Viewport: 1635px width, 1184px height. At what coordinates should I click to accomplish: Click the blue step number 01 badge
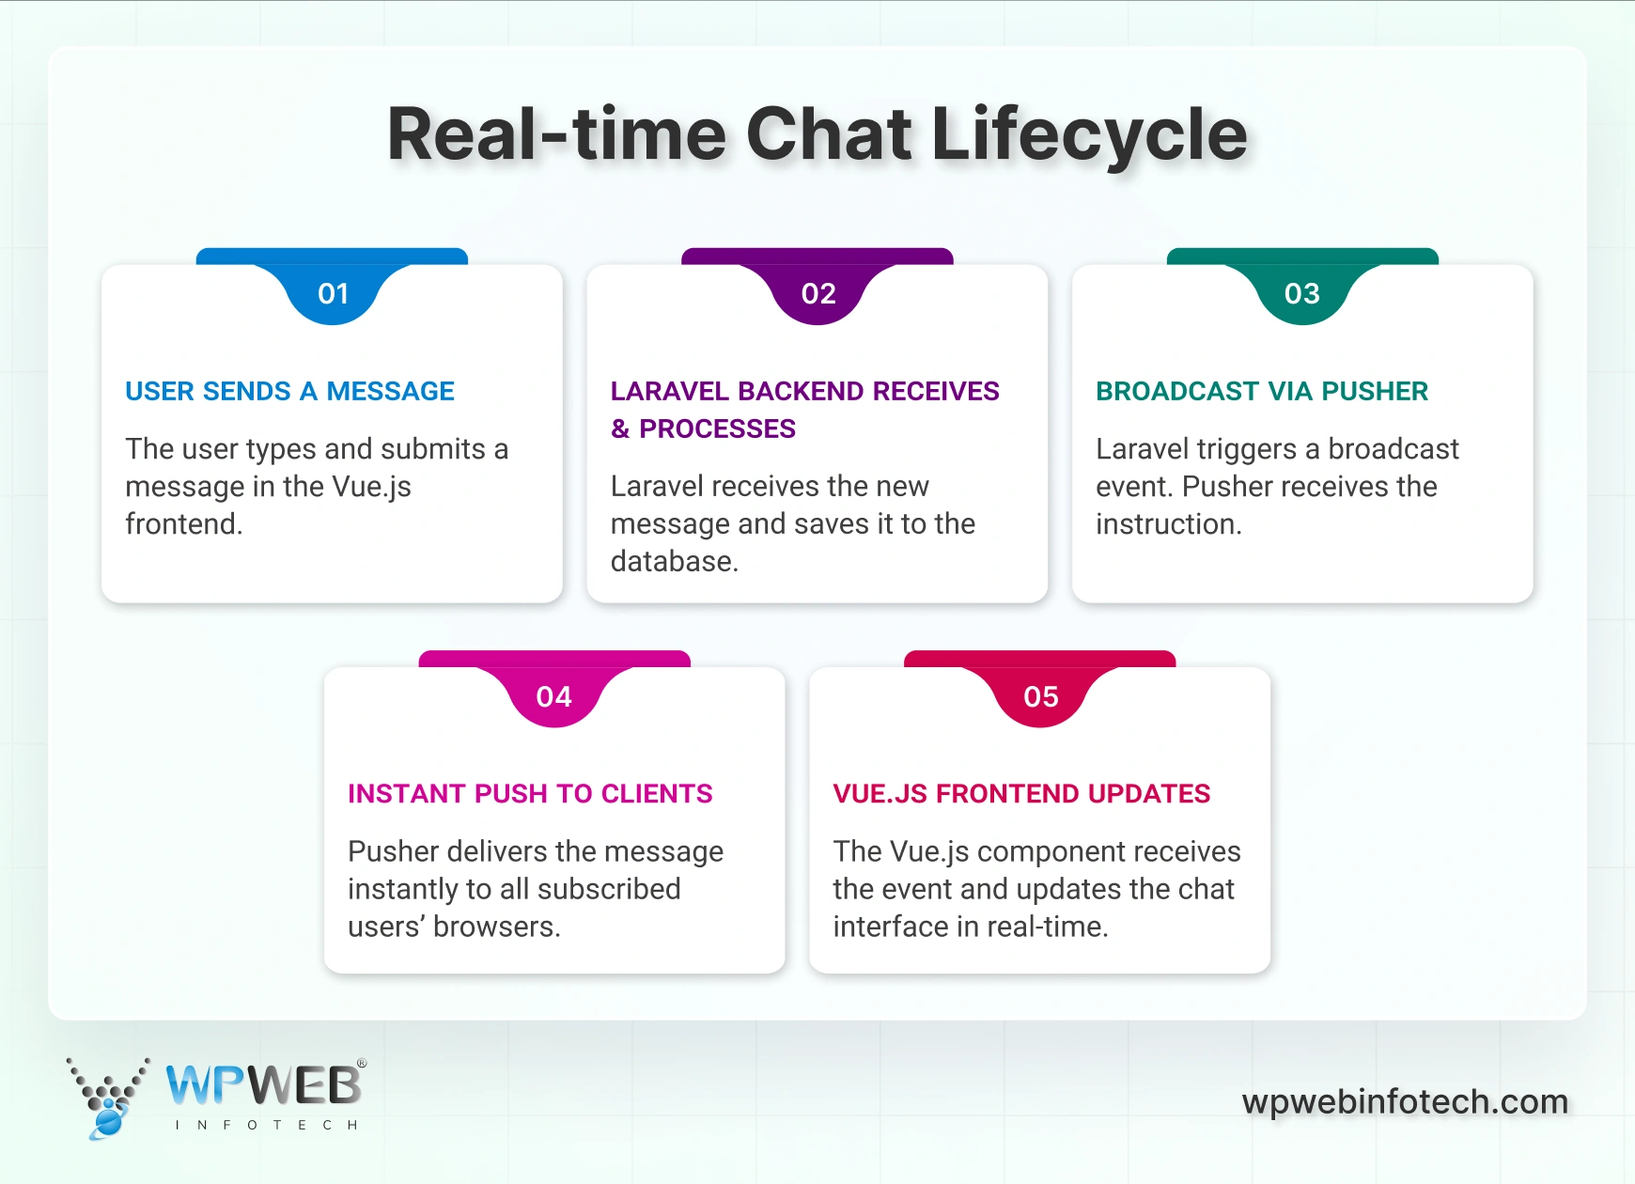tap(333, 294)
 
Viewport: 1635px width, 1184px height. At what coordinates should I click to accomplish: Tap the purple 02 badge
tap(818, 294)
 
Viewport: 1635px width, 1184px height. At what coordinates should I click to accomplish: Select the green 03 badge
tap(1302, 294)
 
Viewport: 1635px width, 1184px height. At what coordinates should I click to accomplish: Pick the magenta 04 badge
tap(554, 696)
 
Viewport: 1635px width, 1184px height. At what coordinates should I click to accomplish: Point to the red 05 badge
tap(1040, 696)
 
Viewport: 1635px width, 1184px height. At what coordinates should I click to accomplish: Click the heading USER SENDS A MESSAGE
tap(289, 391)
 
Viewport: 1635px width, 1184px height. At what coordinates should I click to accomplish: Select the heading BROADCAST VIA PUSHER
tap(1261, 391)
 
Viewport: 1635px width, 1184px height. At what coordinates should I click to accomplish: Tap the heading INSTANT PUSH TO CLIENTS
tap(530, 794)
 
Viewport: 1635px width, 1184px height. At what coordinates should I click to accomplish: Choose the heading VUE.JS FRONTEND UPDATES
tap(1021, 794)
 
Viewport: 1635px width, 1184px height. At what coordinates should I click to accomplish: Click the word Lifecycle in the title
tap(1089, 134)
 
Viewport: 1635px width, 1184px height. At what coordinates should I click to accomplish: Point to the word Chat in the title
tap(829, 134)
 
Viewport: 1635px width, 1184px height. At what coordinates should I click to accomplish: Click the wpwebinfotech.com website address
tap(1405, 1101)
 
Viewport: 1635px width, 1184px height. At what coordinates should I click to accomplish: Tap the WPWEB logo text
tap(264, 1085)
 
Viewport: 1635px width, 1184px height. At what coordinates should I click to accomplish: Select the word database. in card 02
tap(675, 562)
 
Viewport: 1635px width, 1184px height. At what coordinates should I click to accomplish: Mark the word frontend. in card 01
tap(184, 524)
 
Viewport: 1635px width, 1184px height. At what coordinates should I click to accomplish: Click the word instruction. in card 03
tap(1169, 524)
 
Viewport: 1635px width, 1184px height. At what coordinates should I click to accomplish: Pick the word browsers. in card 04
tap(497, 927)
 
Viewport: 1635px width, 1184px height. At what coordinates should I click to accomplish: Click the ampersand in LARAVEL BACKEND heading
tap(620, 429)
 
